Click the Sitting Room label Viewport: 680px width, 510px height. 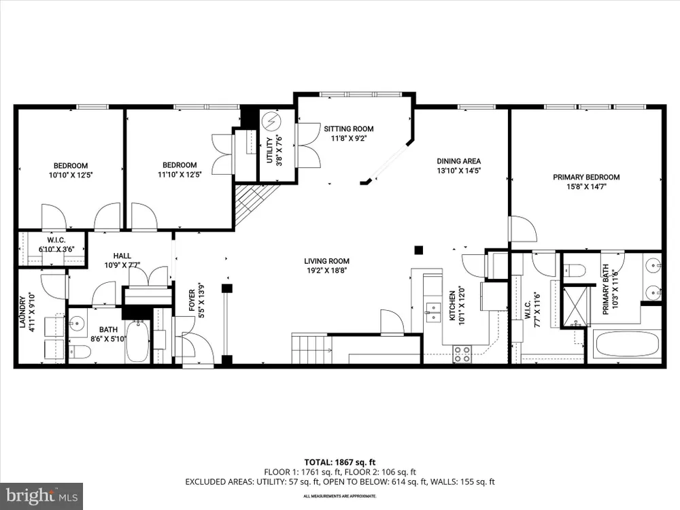point(349,129)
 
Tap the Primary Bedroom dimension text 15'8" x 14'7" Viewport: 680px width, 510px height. point(586,187)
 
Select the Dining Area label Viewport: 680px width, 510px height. point(459,161)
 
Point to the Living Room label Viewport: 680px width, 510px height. point(326,261)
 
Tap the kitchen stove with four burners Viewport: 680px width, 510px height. point(462,354)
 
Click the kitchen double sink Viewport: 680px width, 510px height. point(432,313)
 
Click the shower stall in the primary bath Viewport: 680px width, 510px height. point(577,306)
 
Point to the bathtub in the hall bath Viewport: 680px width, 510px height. point(138,342)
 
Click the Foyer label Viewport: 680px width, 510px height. point(192,300)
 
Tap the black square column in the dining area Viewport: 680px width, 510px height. point(418,250)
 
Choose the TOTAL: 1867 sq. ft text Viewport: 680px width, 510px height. point(339,462)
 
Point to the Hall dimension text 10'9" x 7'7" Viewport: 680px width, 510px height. point(122,265)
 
